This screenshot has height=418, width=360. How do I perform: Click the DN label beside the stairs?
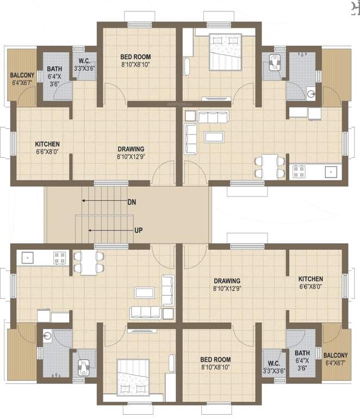(132, 202)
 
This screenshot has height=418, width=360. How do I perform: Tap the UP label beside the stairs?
(139, 230)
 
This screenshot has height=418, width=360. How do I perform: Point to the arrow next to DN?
(103, 201)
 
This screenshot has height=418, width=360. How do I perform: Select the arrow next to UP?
(109, 230)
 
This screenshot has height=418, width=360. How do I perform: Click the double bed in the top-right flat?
(225, 51)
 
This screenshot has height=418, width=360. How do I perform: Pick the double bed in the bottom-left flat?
(134, 376)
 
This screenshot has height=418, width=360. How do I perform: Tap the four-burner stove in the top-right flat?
(300, 171)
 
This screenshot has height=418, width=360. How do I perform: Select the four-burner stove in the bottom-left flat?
(60, 257)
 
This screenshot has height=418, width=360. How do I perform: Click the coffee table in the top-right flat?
(214, 136)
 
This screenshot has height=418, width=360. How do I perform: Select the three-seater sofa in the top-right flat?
(213, 118)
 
